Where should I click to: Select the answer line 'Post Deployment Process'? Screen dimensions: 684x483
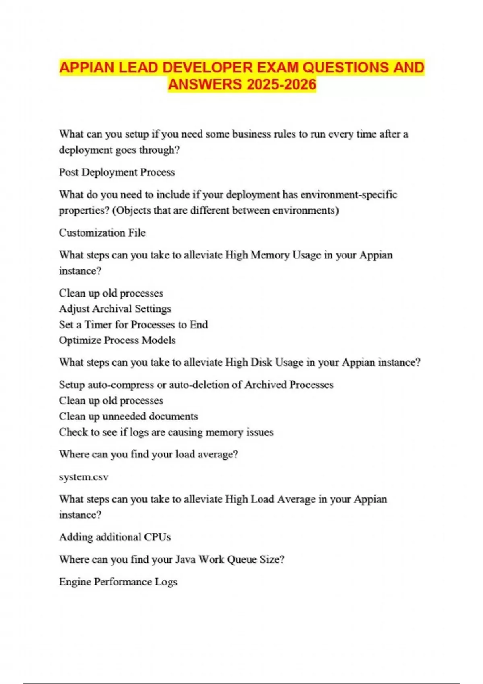[117, 172]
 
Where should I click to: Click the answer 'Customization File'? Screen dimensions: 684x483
[102, 233]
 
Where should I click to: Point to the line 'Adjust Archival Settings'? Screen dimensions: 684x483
[115, 309]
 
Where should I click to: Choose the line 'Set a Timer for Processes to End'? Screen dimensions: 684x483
[133, 324]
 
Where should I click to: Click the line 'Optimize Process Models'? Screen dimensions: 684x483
[117, 340]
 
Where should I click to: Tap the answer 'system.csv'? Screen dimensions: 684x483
[84, 477]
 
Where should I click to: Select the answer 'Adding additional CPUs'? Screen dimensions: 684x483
[115, 537]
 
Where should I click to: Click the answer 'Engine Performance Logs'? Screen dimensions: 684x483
[118, 582]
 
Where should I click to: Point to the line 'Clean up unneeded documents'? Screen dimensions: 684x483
[128, 416]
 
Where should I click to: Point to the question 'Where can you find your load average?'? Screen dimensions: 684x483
[149, 454]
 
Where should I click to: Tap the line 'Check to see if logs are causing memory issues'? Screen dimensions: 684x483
[166, 432]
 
